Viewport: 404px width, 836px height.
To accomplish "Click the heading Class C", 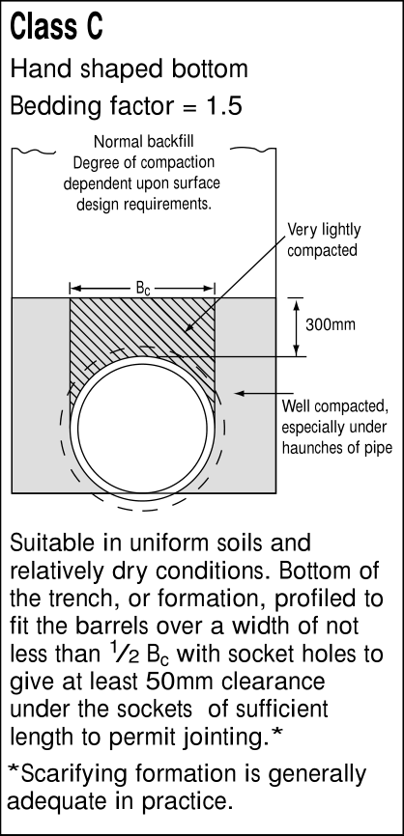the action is tap(56, 27).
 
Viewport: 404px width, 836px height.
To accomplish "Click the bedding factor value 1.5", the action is tap(224, 106).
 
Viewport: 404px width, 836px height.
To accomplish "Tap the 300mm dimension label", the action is tap(331, 324).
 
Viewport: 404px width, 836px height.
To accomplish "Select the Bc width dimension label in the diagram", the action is tap(142, 289).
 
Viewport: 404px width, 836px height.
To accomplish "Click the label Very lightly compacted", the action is tap(324, 239).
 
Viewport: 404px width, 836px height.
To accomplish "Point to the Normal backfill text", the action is tap(144, 141).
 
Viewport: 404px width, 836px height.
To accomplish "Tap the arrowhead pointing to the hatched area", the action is tap(188, 328).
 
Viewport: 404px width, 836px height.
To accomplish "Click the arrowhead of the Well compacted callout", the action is tap(240, 394).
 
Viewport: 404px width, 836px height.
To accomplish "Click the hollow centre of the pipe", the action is tap(142, 428).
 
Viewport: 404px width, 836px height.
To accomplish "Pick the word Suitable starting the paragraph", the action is tap(47, 543).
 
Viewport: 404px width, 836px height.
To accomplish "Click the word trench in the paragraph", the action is tap(81, 599).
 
